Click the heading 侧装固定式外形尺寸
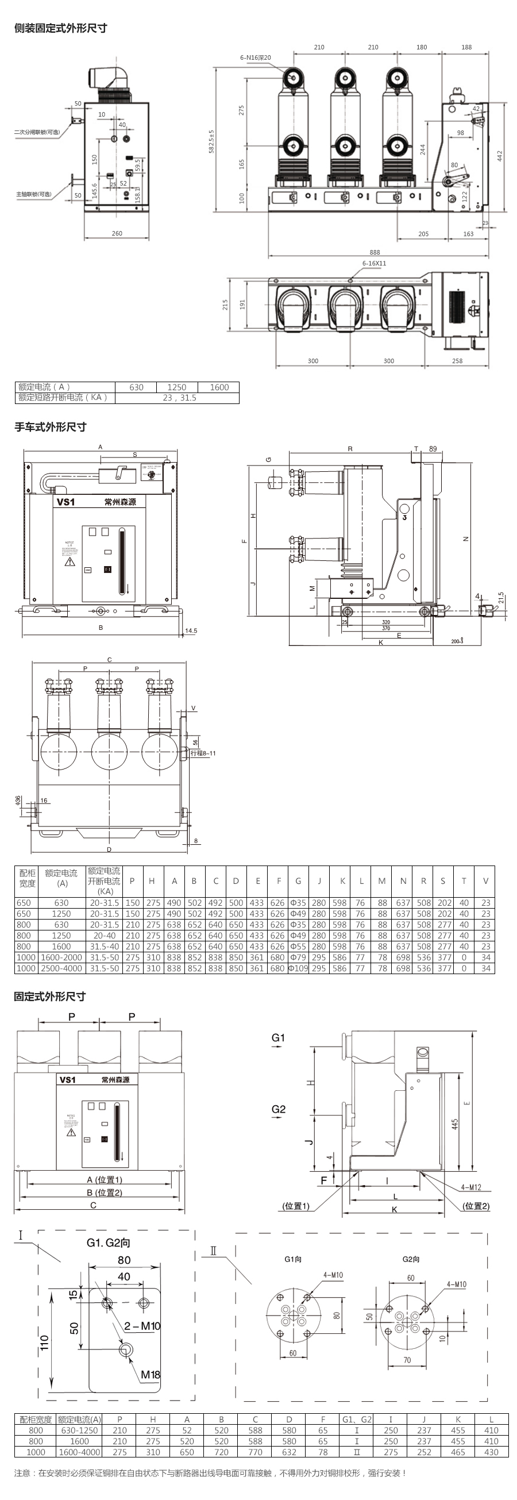click(60, 28)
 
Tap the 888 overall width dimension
click(375, 252)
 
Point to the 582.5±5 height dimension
click(212, 141)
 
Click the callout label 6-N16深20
click(256, 57)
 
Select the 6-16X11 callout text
click(374, 263)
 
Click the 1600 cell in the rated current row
click(219, 387)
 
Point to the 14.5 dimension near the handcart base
click(190, 630)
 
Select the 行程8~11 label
click(203, 753)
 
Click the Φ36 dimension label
click(18, 801)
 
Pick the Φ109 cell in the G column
click(298, 968)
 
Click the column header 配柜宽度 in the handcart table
click(27, 878)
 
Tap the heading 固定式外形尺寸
click(50, 997)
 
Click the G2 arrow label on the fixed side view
click(278, 1109)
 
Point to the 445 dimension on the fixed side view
click(455, 1123)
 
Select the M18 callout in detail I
click(150, 1375)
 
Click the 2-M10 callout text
click(142, 1326)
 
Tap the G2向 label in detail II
click(411, 1259)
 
